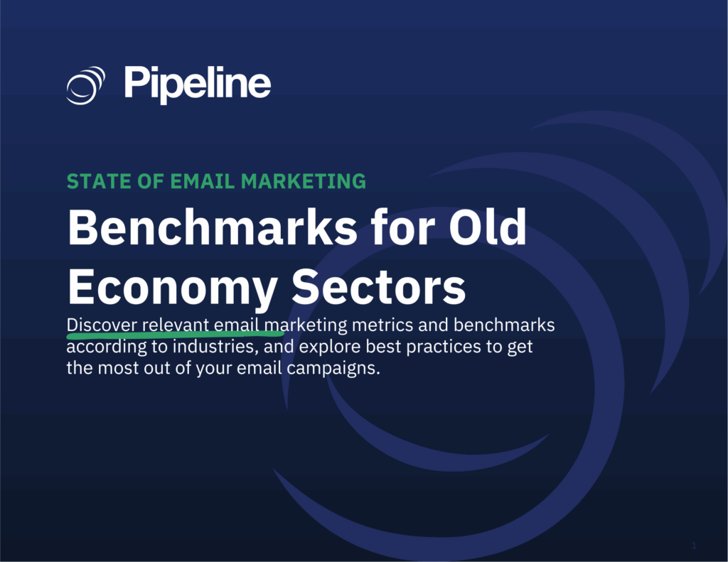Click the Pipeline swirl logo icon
[x=86, y=85]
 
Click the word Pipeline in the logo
[x=197, y=85]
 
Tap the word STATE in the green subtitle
[x=92, y=181]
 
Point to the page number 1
[x=693, y=546]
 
